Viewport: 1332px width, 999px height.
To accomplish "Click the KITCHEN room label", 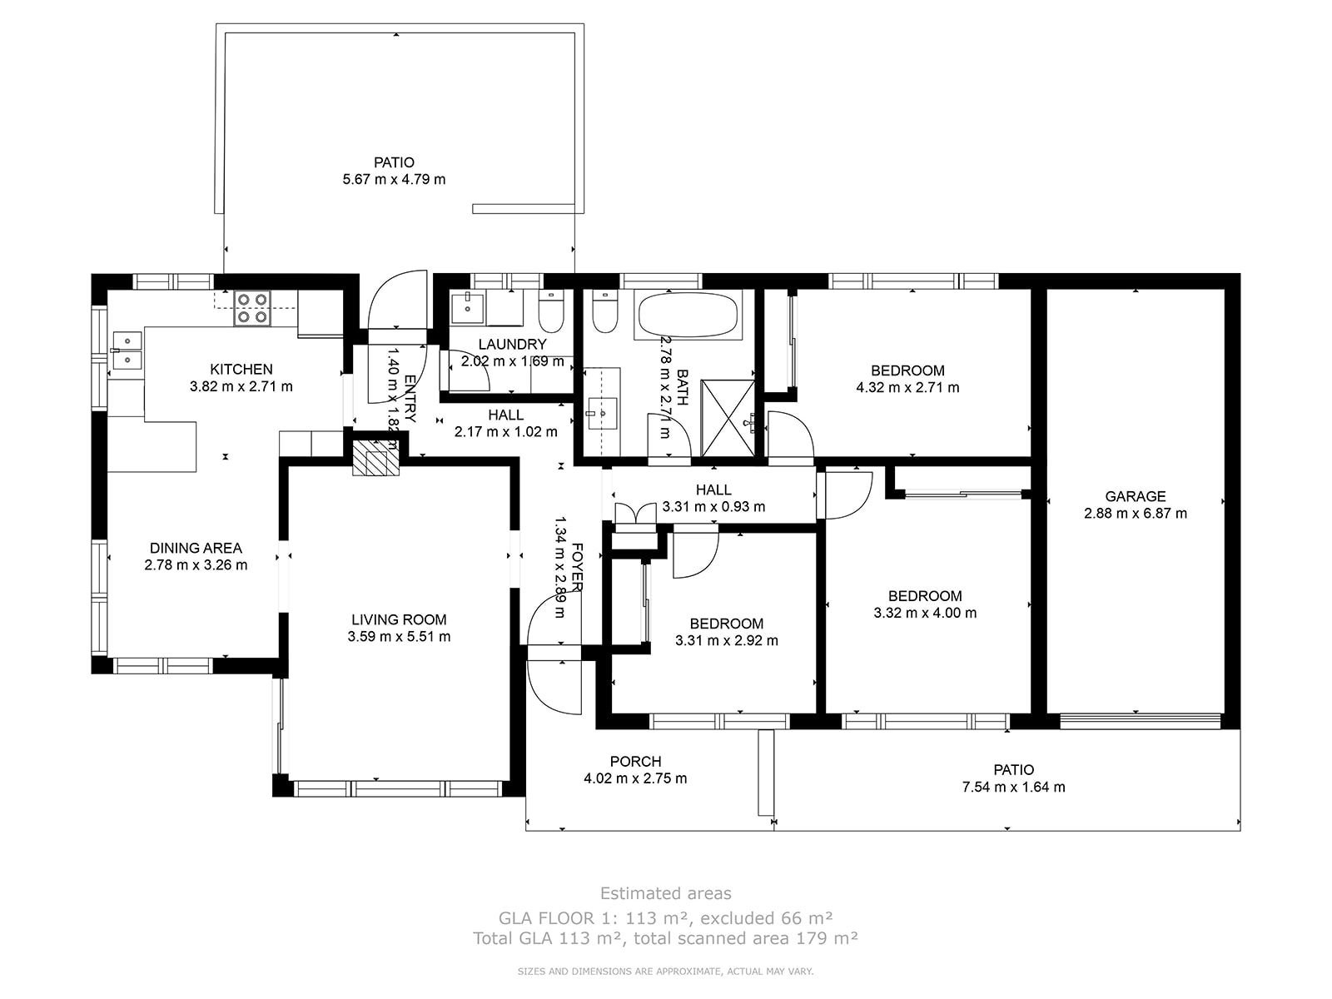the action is coord(241,369).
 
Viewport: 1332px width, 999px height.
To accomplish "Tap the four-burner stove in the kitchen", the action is coord(252,308).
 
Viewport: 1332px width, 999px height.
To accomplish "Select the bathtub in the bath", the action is coord(688,314).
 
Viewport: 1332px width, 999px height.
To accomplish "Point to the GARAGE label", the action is coord(1135,496).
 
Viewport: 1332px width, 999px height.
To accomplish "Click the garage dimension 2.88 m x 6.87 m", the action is coord(1135,513).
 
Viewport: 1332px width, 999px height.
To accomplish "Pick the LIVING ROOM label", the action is coord(399,619).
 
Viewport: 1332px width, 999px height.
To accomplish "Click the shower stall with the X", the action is coord(728,417).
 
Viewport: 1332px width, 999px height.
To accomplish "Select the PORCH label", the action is coord(635,761).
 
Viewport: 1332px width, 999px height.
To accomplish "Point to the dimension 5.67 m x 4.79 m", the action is coord(394,180).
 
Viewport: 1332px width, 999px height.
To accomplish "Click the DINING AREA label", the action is coord(196,548).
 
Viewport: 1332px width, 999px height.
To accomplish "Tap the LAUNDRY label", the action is coord(512,344).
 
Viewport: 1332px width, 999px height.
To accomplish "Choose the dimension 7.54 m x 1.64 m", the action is coord(1013,787).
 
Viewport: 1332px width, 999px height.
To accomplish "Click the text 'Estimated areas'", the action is coord(666,892).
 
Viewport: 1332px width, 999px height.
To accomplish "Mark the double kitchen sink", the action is coord(127,350).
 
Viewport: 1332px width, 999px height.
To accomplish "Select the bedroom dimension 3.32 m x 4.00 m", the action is coord(925,613).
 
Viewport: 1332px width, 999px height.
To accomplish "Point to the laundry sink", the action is coord(467,307).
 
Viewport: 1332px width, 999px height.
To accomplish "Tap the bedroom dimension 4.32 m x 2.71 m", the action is coord(907,387).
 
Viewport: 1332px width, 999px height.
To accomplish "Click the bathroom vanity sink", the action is coord(603,413).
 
